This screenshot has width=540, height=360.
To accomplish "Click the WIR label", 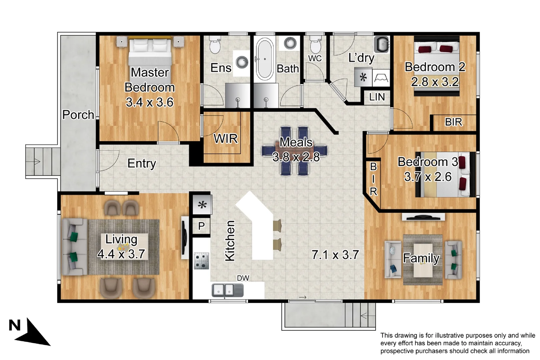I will pyautogui.click(x=226, y=139).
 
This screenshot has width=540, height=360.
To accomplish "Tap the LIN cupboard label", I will pyautogui.click(x=377, y=97).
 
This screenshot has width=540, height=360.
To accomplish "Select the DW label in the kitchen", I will pyautogui.click(x=243, y=278).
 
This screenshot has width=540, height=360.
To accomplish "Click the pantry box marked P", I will pyautogui.click(x=201, y=226).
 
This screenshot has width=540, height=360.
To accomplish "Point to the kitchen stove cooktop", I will pyautogui.click(x=201, y=261).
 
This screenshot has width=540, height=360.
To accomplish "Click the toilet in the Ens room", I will pyautogui.click(x=215, y=45).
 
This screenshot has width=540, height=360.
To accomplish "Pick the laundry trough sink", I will pyautogui.click(x=382, y=45).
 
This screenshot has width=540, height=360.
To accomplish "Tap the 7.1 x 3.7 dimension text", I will pyautogui.click(x=335, y=255).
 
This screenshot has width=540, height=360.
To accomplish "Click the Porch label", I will pyautogui.click(x=78, y=115).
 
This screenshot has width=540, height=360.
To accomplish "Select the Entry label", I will pyautogui.click(x=142, y=163).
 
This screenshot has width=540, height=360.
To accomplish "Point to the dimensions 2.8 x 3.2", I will pyautogui.click(x=435, y=82).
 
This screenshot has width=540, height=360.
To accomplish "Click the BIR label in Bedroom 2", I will pyautogui.click(x=453, y=122).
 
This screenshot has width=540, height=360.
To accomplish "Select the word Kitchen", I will pyautogui.click(x=230, y=241).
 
